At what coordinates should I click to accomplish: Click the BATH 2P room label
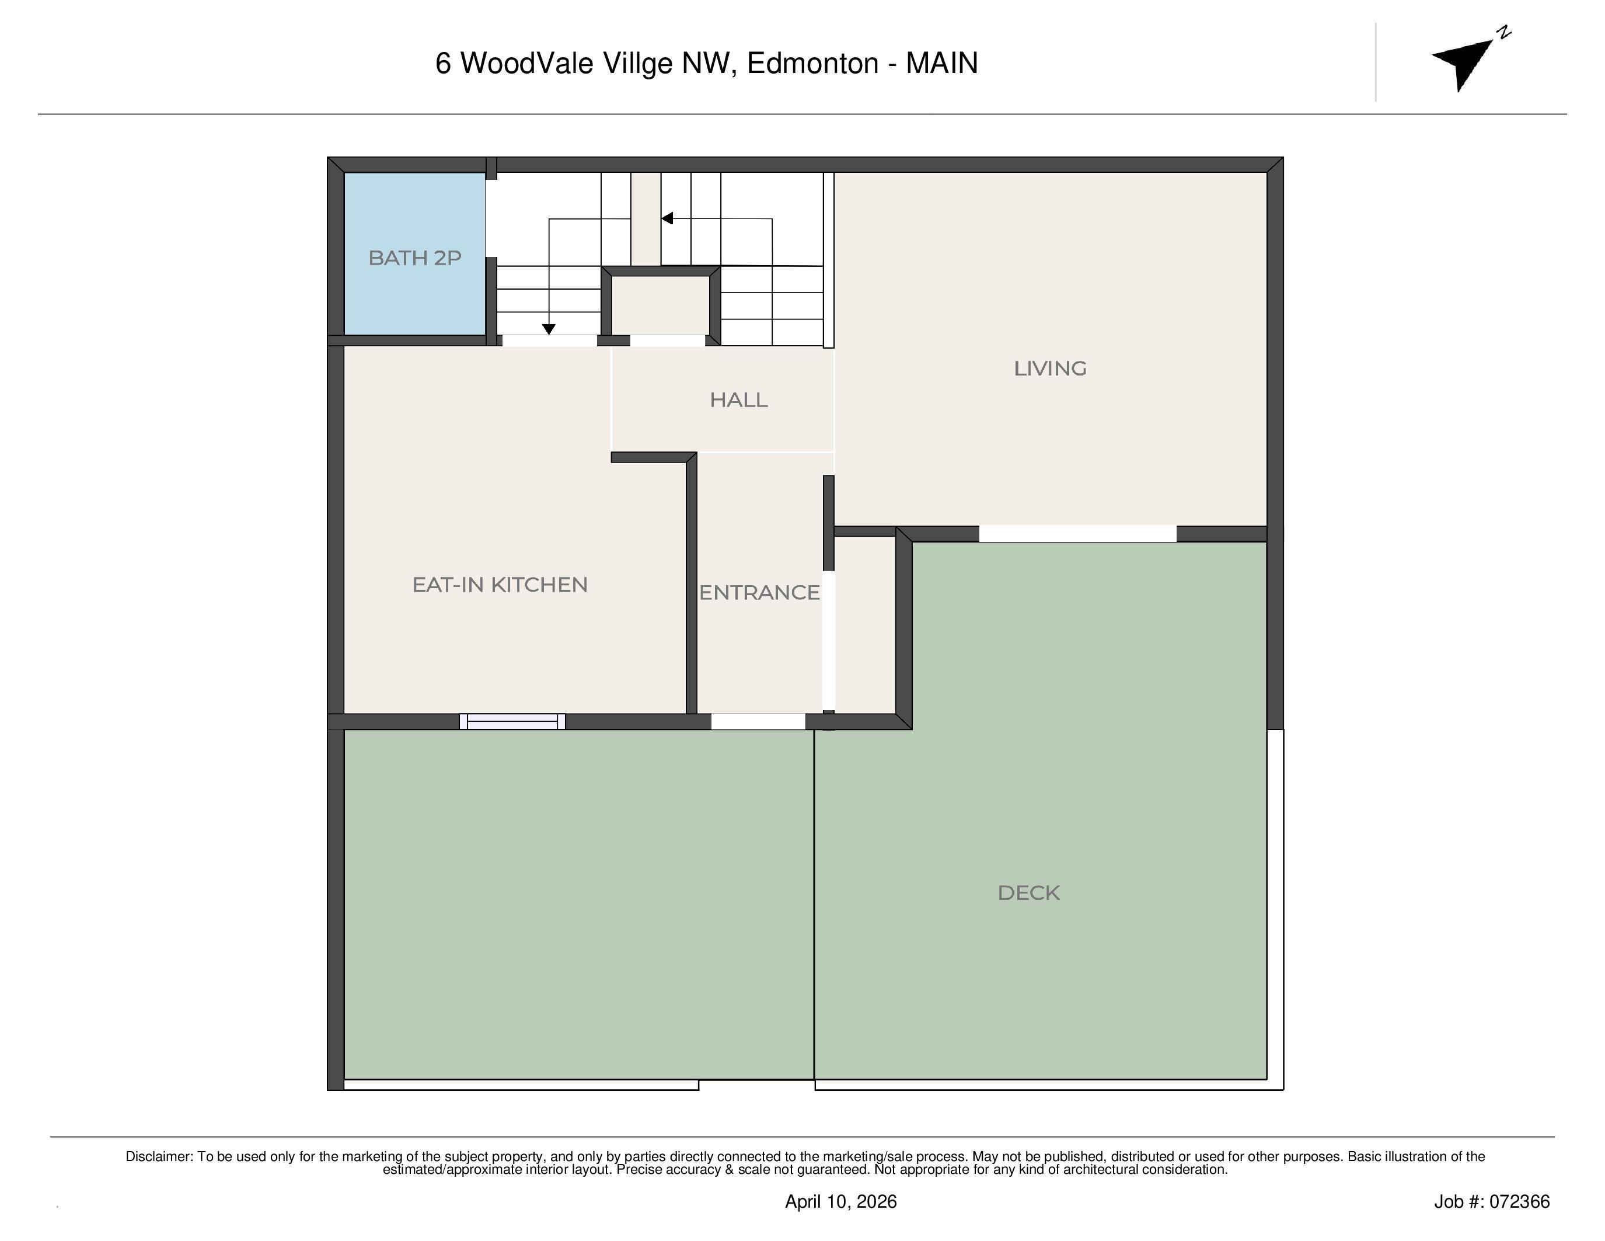click(414, 258)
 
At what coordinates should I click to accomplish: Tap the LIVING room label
click(1049, 369)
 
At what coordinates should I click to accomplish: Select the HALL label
click(738, 400)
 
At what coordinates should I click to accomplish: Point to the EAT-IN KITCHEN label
click(500, 585)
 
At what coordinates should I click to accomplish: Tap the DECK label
click(1028, 892)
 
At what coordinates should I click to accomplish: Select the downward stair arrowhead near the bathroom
click(548, 329)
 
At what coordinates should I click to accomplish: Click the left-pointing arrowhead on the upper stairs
click(667, 218)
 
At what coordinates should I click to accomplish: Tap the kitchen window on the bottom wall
click(512, 721)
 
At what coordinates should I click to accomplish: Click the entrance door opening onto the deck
click(758, 721)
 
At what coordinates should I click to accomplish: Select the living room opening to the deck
click(1077, 534)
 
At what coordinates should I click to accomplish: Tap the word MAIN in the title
click(941, 63)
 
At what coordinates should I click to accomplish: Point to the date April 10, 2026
click(840, 1201)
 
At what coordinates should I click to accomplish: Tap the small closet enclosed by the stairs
click(660, 305)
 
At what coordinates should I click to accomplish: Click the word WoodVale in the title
click(526, 63)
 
